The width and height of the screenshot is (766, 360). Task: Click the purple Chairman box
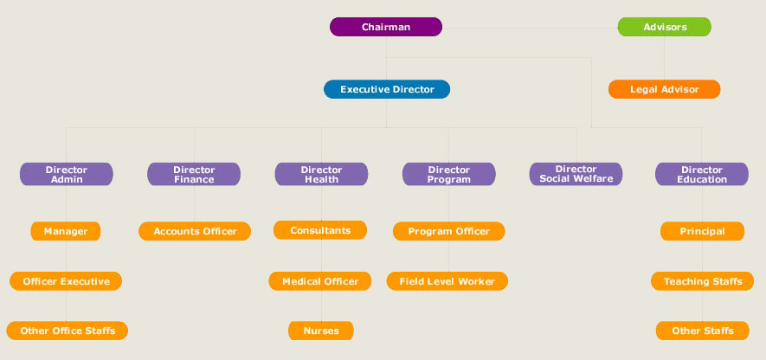pyautogui.click(x=386, y=27)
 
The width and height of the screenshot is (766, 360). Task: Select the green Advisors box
pyautogui.click(x=665, y=27)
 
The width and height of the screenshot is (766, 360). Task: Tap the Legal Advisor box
pyautogui.click(x=665, y=89)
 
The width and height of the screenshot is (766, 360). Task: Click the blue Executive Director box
pyautogui.click(x=387, y=89)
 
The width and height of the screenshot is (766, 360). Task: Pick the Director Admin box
pyautogui.click(x=67, y=174)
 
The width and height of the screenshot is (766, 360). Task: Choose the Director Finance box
pyautogui.click(x=194, y=174)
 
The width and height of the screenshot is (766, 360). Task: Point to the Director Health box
pyautogui.click(x=321, y=174)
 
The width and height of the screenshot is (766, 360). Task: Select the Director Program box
pyautogui.click(x=449, y=174)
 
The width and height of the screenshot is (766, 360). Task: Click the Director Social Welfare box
pyautogui.click(x=576, y=174)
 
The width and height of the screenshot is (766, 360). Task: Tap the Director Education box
pyautogui.click(x=702, y=174)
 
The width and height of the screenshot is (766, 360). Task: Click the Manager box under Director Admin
pyautogui.click(x=66, y=231)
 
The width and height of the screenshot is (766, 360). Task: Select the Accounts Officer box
pyautogui.click(x=195, y=231)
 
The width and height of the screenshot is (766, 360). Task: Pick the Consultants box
pyautogui.click(x=320, y=230)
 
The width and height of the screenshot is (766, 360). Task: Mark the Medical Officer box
pyautogui.click(x=320, y=281)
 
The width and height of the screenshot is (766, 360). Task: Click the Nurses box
pyautogui.click(x=320, y=331)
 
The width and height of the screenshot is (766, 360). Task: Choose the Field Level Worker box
pyautogui.click(x=447, y=281)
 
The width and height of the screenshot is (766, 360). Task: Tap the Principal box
pyautogui.click(x=702, y=231)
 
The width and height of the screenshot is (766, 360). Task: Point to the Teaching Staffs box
pyautogui.click(x=703, y=281)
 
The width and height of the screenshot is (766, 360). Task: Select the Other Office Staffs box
pyautogui.click(x=68, y=331)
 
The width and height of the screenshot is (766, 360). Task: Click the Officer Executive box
pyautogui.click(x=66, y=281)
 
